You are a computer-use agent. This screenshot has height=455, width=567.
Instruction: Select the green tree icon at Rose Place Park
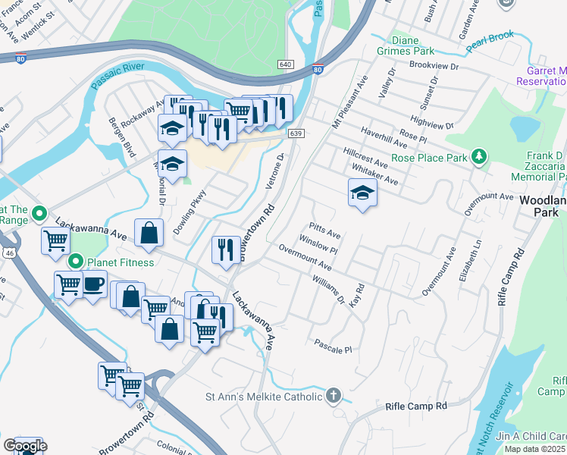(x=478, y=157)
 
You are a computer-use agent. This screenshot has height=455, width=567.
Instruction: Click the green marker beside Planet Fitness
(x=75, y=262)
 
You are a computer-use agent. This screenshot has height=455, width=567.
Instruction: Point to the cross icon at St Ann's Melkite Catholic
(x=334, y=395)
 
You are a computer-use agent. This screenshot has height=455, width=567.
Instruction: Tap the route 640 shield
(x=285, y=65)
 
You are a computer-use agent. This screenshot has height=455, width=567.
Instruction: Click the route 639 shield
(x=296, y=133)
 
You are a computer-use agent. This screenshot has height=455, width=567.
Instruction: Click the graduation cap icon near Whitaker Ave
(x=362, y=193)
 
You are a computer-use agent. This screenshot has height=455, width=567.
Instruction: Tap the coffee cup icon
(x=93, y=284)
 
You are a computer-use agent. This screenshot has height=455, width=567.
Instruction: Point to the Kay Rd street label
(x=358, y=295)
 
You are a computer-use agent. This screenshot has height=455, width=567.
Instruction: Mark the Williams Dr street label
(x=328, y=289)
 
